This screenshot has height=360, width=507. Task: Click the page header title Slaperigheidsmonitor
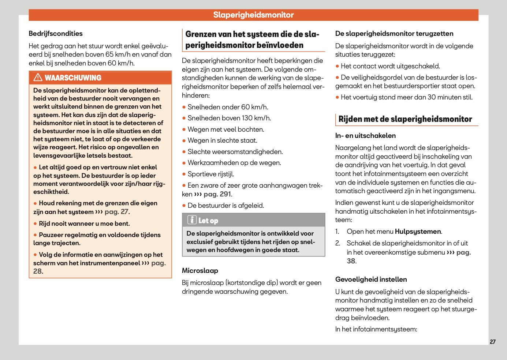(x=253, y=15)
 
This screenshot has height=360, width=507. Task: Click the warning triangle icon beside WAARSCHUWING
(x=38, y=78)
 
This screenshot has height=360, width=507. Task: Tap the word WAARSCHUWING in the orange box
(x=73, y=78)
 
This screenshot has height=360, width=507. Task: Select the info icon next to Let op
(x=192, y=220)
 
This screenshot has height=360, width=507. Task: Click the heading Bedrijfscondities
(x=56, y=34)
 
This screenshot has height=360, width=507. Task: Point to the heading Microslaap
(x=200, y=271)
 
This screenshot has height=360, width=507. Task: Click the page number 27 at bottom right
(x=492, y=342)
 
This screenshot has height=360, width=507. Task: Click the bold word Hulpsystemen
(x=418, y=232)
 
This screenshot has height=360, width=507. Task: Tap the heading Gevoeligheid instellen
(x=371, y=280)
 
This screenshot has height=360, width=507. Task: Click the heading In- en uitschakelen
(x=365, y=136)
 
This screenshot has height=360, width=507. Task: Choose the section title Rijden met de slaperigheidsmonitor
(x=405, y=119)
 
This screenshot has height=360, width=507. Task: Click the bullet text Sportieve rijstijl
(x=211, y=174)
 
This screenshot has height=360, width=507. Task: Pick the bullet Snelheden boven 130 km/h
(x=229, y=118)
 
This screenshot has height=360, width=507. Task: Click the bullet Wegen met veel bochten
(x=226, y=130)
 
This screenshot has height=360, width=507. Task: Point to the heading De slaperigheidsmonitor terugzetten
(x=394, y=34)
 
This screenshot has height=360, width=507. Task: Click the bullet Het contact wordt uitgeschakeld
(x=390, y=66)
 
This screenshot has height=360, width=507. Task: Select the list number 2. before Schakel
(x=338, y=243)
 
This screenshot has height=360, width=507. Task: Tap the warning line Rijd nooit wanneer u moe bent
(x=84, y=224)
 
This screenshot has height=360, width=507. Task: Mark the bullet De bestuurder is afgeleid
(x=225, y=206)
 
